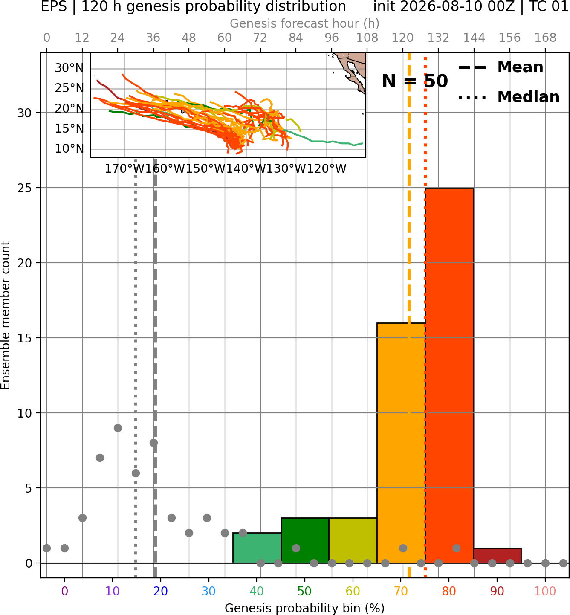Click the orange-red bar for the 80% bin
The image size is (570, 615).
click(449, 375)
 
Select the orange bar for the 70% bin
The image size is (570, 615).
click(401, 443)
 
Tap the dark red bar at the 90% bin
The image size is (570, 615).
click(498, 556)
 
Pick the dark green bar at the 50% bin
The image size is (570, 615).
click(305, 540)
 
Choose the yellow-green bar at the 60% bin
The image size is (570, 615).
click(353, 540)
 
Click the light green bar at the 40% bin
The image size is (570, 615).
click(257, 548)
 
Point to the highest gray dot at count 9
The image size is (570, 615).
click(118, 428)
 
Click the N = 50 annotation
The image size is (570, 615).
click(415, 81)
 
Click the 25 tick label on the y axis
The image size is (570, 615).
click(25, 188)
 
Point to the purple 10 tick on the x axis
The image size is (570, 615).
click(112, 591)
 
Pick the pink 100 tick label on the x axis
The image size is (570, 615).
click(545, 591)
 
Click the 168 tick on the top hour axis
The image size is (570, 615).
click(545, 38)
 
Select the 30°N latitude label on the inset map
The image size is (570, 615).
click(69, 68)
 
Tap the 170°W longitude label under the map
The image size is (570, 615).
click(125, 169)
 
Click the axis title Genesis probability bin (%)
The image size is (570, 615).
click(305, 608)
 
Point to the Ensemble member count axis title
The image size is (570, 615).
click(6, 315)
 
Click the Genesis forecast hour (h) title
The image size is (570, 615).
click(305, 23)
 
